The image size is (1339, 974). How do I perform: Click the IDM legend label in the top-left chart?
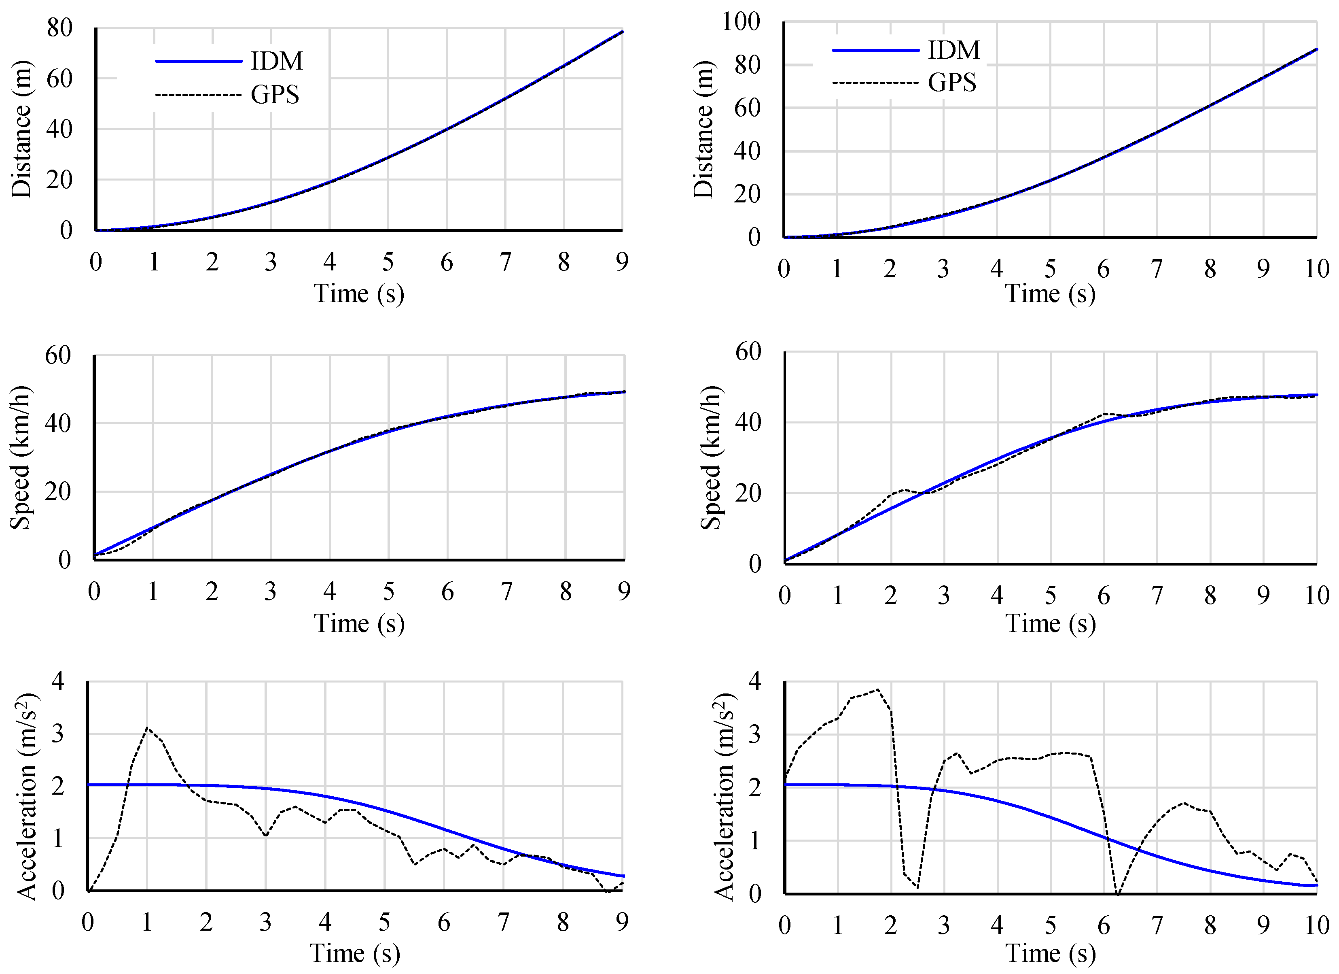click(x=276, y=61)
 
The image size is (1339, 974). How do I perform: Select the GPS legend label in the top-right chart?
click(x=952, y=82)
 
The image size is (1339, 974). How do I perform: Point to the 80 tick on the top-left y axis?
click(x=59, y=28)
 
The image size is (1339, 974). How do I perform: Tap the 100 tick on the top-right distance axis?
click(x=741, y=22)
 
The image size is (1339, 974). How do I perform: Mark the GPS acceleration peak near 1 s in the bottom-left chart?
click(x=147, y=728)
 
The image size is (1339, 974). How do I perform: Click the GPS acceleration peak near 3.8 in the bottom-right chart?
click(x=877, y=689)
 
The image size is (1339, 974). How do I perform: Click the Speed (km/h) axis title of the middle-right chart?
click(x=711, y=458)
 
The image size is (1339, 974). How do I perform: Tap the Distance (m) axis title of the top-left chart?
click(x=22, y=129)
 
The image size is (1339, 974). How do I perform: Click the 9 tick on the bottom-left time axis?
click(x=622, y=922)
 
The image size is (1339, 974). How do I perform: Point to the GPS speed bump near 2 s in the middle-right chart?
click(x=904, y=490)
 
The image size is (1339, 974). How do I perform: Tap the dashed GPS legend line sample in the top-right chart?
click(x=875, y=83)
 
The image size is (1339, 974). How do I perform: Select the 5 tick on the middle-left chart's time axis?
click(x=388, y=591)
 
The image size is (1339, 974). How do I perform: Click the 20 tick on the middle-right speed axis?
click(x=748, y=493)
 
